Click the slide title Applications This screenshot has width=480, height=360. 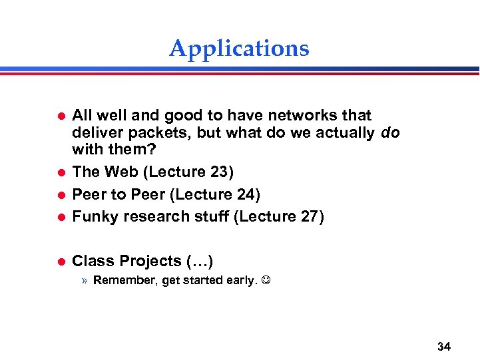pyautogui.click(x=239, y=49)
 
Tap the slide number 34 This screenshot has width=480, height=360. pyautogui.click(x=444, y=346)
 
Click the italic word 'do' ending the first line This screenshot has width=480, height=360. pyautogui.click(x=391, y=133)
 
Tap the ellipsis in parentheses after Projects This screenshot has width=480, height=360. pyautogui.click(x=200, y=261)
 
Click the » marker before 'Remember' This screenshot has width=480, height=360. pyautogui.click(x=85, y=280)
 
